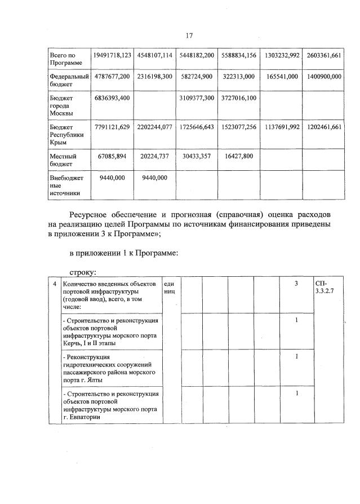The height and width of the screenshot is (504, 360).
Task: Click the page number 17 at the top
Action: pyautogui.click(x=189, y=36)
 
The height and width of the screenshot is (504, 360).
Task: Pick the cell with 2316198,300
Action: pyautogui.click(x=154, y=76)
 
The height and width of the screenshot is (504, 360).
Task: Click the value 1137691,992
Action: pyautogui.click(x=281, y=127)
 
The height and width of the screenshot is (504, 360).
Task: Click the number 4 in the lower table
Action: pyautogui.click(x=54, y=284)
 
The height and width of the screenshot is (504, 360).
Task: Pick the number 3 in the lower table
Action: pyautogui.click(x=296, y=283)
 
